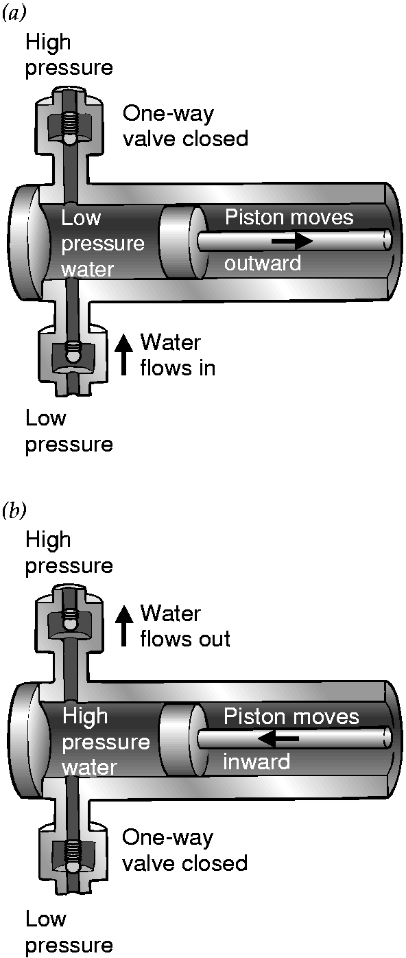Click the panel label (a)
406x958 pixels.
(x=14, y=14)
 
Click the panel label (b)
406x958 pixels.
(x=14, y=511)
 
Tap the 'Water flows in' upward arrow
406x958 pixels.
(x=124, y=355)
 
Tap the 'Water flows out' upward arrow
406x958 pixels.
(x=124, y=625)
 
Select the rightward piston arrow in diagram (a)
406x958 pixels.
(x=292, y=241)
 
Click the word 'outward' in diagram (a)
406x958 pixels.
(x=263, y=263)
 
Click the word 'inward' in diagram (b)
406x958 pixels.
(x=256, y=762)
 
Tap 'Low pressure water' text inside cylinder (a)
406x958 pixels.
(x=103, y=244)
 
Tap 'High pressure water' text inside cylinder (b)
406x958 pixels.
(x=106, y=741)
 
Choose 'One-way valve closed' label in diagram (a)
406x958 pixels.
(x=185, y=126)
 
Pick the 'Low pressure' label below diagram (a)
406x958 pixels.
(x=69, y=431)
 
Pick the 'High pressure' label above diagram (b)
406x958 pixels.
(x=69, y=552)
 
